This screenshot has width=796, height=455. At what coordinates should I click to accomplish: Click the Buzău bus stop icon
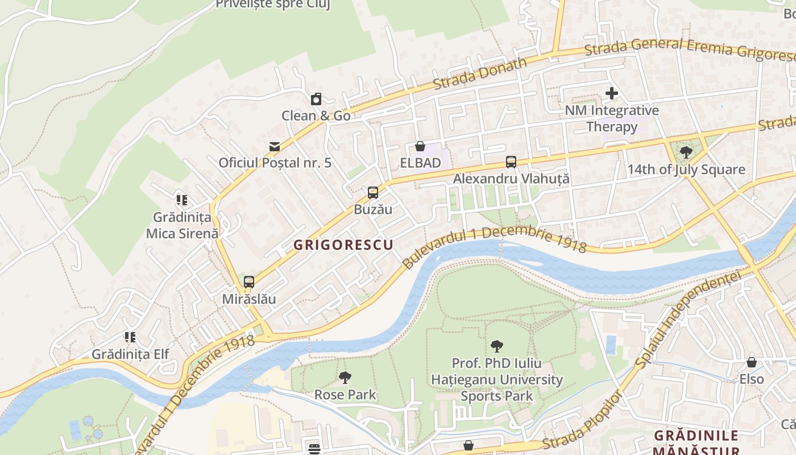pyautogui.click(x=373, y=193)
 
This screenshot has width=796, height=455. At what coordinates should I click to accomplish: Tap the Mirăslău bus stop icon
pyautogui.click(x=249, y=282)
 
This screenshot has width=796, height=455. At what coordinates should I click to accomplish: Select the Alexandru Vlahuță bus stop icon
pyautogui.click(x=511, y=162)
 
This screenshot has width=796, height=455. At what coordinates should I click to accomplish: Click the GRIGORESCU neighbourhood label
pyautogui.click(x=343, y=245)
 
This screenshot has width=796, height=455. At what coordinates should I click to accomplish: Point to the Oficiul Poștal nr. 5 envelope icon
pyautogui.click(x=275, y=147)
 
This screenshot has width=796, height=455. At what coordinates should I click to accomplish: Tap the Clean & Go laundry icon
pyautogui.click(x=316, y=100)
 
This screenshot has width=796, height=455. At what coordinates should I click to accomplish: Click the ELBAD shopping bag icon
pyautogui.click(x=420, y=147)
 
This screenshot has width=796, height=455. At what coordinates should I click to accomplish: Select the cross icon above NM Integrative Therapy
pyautogui.click(x=612, y=93)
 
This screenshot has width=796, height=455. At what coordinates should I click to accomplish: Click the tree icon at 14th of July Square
pyautogui.click(x=686, y=152)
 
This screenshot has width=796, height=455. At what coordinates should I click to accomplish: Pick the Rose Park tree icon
pyautogui.click(x=345, y=378)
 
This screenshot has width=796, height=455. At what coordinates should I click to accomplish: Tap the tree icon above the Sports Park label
pyautogui.click(x=497, y=346)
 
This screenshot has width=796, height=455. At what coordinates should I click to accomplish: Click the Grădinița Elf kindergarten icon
pyautogui.click(x=131, y=337)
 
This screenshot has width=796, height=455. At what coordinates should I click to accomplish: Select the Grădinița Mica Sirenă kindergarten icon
pyautogui.click(x=182, y=200)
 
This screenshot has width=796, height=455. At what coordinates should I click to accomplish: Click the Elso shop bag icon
pyautogui.click(x=752, y=362)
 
